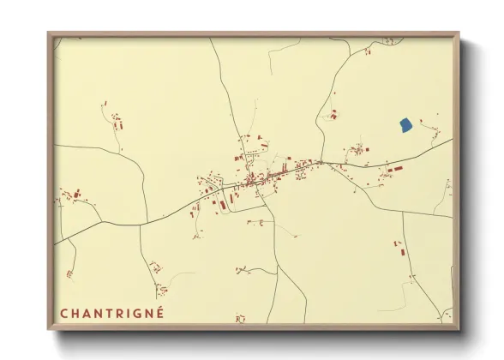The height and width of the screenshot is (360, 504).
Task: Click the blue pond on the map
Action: (405, 125)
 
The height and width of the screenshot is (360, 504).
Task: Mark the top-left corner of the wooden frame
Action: (49, 33)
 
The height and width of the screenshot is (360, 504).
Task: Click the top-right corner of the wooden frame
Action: (459, 33)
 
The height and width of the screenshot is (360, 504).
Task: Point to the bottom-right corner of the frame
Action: (459, 329)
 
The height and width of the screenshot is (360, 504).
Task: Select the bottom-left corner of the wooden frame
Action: (49, 329)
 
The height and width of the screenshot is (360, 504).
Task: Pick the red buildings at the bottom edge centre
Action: (240, 318)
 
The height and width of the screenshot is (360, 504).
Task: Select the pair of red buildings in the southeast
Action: (398, 249)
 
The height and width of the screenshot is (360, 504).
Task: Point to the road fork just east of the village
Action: (321, 162)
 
